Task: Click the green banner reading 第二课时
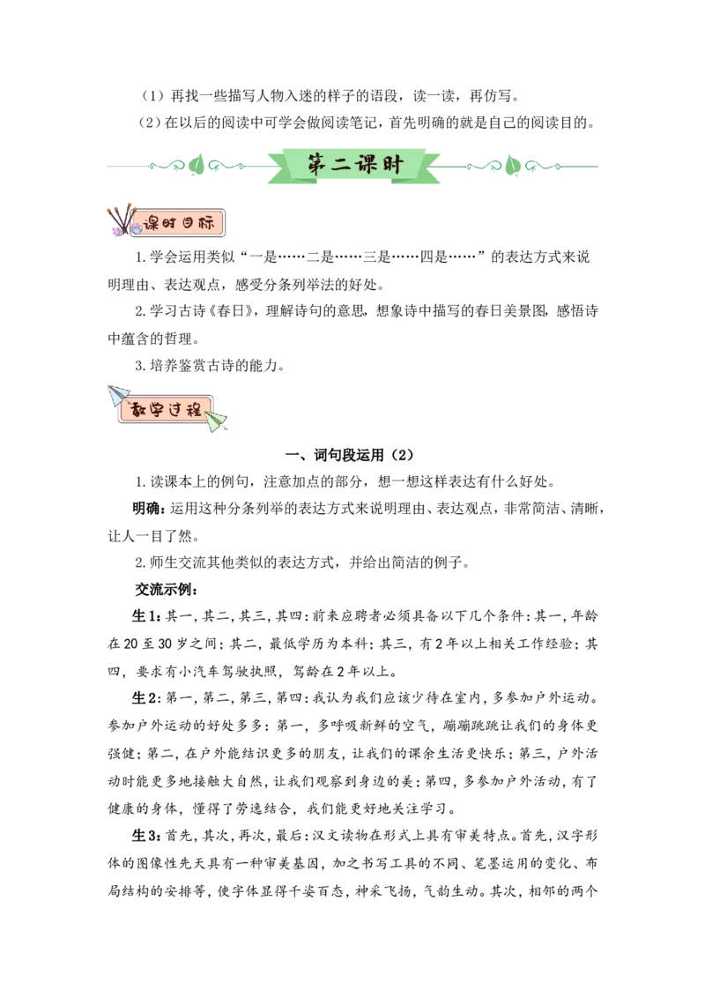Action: point(354,166)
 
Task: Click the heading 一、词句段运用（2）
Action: point(349,454)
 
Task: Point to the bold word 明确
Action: point(147,508)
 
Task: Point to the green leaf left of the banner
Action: point(197,165)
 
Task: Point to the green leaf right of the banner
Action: point(512,165)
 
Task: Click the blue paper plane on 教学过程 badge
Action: point(118,395)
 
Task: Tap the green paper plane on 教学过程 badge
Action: point(216,421)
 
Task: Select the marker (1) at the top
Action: point(152,96)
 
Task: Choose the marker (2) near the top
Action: point(150,123)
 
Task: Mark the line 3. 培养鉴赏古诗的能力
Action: point(210,366)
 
